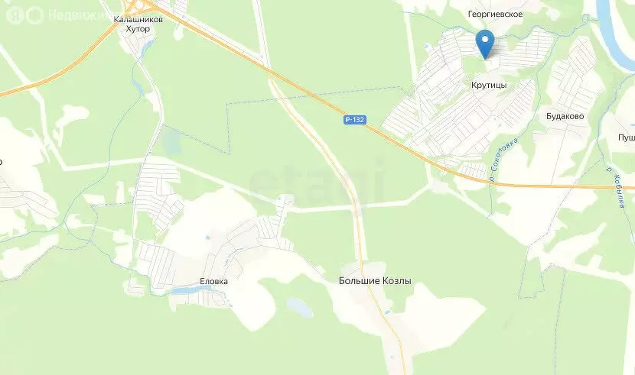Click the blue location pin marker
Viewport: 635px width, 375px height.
484,42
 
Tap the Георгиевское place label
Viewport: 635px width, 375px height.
496,14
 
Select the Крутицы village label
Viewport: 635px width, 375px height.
489,86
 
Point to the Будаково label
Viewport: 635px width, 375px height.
565,117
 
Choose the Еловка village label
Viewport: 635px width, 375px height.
214,281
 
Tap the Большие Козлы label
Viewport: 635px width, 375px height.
375,281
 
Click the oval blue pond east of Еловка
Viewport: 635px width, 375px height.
300,308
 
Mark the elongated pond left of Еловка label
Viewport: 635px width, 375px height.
186,291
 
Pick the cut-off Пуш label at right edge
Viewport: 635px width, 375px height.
626,137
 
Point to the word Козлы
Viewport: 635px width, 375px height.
395,281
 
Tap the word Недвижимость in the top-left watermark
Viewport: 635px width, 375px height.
77,15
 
